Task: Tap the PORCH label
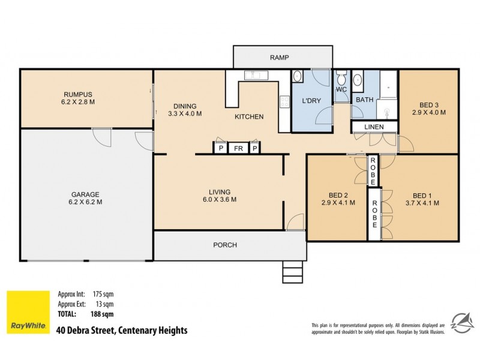click(225, 245)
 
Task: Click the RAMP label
click(280, 58)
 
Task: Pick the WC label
click(341, 90)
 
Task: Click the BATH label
click(365, 100)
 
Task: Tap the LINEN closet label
click(374, 127)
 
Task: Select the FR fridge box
click(238, 148)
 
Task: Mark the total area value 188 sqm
click(103, 314)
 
